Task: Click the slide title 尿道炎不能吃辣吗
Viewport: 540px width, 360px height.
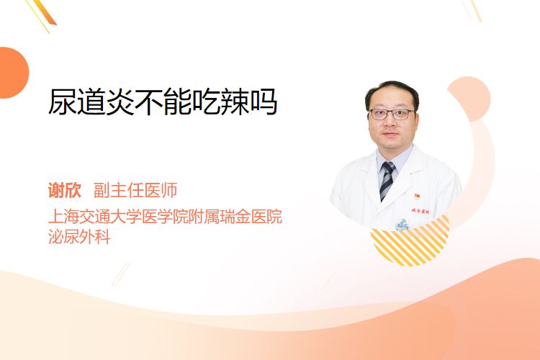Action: coord(163,102)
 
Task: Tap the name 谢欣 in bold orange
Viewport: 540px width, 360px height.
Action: coord(65,190)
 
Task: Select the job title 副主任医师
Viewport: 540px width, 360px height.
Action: coord(135,190)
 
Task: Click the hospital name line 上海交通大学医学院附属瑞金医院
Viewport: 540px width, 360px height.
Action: coord(166,216)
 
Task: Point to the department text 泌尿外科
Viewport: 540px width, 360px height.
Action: coord(79,236)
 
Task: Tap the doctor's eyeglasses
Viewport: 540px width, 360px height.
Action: coord(392,114)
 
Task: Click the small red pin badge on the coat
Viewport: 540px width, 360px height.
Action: coord(417,197)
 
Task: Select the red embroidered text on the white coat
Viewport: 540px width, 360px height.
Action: coord(420,210)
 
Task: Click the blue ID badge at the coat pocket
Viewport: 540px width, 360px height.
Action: coord(402,225)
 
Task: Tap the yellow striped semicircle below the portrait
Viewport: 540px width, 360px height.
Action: coord(410,241)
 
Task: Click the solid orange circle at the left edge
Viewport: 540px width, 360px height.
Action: coord(13,73)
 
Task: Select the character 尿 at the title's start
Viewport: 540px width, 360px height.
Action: coord(63,102)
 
